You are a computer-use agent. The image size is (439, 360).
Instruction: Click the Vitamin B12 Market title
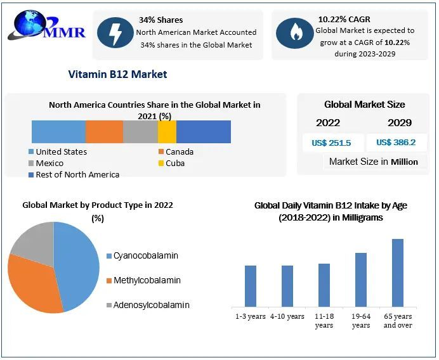(x=117, y=74)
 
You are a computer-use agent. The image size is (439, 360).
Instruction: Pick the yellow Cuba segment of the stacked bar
(x=167, y=132)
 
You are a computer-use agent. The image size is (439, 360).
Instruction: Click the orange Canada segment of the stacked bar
(x=104, y=132)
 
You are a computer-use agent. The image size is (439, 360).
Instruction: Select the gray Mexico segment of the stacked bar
(x=140, y=132)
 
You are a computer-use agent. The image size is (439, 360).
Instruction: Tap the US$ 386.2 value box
(x=396, y=143)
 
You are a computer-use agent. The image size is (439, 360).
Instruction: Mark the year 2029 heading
(x=400, y=123)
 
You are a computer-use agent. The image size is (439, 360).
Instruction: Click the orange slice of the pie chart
(x=35, y=282)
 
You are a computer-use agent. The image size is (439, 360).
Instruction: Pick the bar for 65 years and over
(x=398, y=273)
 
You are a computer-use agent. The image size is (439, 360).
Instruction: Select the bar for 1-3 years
(x=251, y=286)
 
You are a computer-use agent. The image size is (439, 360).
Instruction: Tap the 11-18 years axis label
(x=324, y=321)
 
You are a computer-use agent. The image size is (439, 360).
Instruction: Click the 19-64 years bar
(x=361, y=280)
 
